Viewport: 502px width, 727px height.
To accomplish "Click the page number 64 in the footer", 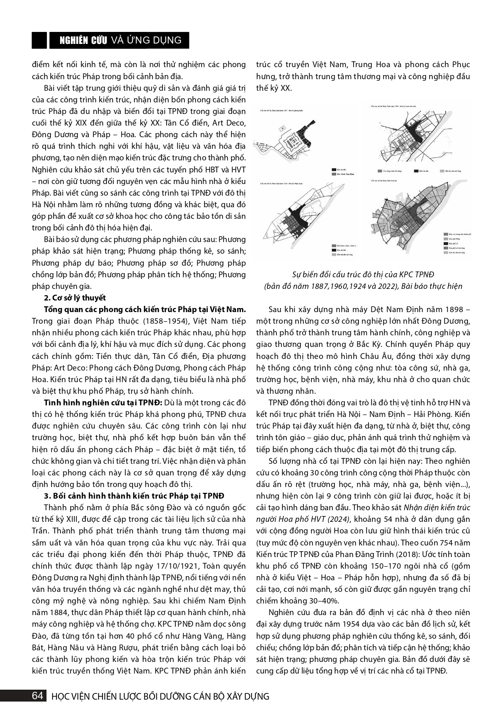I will point(37,695).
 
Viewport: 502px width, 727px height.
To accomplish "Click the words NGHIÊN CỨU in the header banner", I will point(83,40).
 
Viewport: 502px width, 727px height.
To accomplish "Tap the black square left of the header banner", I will point(39,40).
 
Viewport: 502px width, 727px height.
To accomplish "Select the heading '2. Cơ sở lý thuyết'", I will point(75,298).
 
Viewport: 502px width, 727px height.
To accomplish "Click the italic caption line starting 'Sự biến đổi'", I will point(357,274).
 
